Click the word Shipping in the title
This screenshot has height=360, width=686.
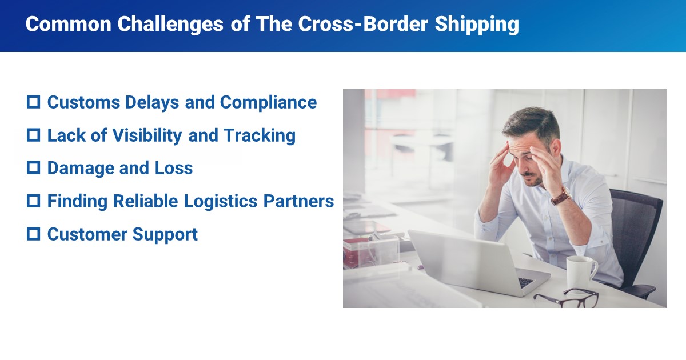[x=477, y=25]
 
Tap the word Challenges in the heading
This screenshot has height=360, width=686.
[x=170, y=25]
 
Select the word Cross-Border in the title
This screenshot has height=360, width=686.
[x=363, y=24]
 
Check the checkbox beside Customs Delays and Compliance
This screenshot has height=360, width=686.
[x=33, y=102]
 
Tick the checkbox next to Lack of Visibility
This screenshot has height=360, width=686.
[x=33, y=135]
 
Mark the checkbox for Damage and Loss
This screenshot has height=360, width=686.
[x=33, y=168]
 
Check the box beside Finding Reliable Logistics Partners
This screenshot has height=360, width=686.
[x=33, y=201]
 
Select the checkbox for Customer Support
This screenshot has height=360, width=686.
[x=33, y=234]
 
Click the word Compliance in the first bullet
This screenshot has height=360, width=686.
[x=268, y=103]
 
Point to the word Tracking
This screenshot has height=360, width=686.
[x=260, y=136]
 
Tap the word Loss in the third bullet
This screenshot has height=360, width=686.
[x=174, y=168]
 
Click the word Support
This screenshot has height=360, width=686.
[x=165, y=235]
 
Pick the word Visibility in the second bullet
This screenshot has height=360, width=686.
[x=147, y=136]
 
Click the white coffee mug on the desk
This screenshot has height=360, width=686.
[x=581, y=273]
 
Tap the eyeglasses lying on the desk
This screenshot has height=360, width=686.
[x=567, y=298]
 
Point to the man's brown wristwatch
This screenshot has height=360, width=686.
[x=561, y=196]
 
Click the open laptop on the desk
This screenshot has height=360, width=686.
[x=478, y=264]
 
